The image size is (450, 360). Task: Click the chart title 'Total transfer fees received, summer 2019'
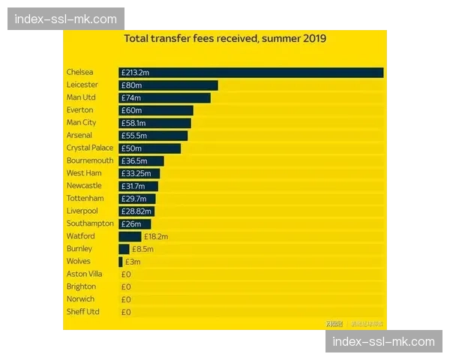[x=225, y=39]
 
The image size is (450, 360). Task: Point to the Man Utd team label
[x=82, y=97]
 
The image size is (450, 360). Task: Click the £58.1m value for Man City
[x=133, y=123]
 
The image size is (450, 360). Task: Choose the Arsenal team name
[x=79, y=135]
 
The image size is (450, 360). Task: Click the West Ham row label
[x=84, y=173]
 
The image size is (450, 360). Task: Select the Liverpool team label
[x=82, y=211]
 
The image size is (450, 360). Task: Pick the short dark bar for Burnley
[x=124, y=249]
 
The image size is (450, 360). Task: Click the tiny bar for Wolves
[x=120, y=262]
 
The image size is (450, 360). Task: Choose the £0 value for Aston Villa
[x=126, y=274]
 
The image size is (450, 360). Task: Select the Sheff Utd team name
[x=82, y=311]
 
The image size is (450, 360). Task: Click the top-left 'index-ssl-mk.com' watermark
[x=66, y=19]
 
